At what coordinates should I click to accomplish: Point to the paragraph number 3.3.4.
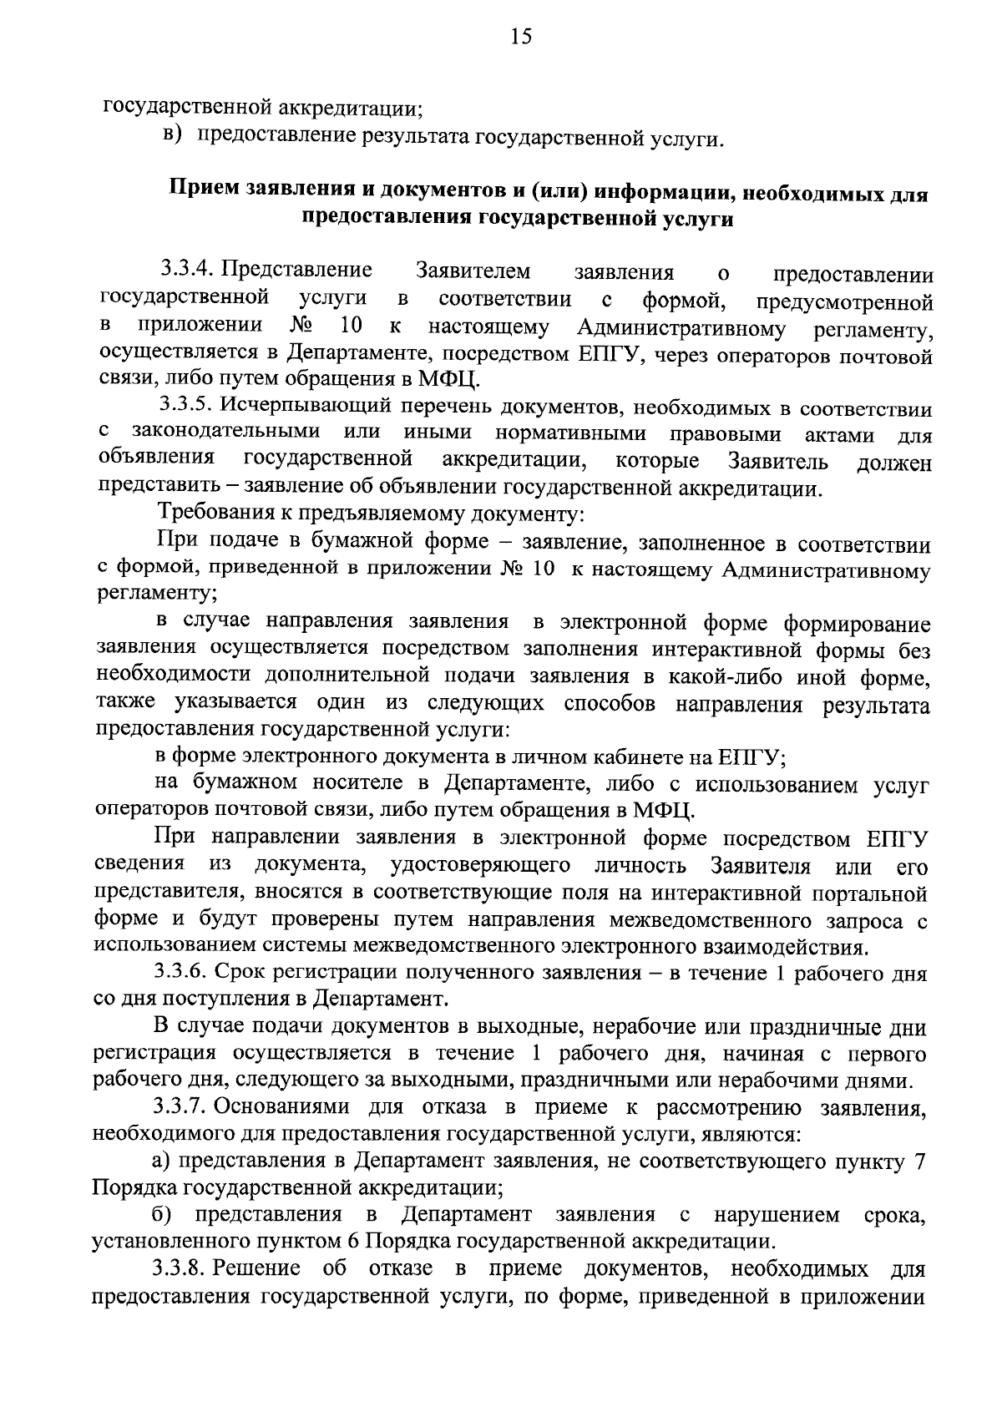[188, 271]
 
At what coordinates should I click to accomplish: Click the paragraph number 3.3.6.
[185, 973]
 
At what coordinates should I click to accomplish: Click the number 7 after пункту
[918, 1162]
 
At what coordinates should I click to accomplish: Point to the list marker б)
[163, 1213]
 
